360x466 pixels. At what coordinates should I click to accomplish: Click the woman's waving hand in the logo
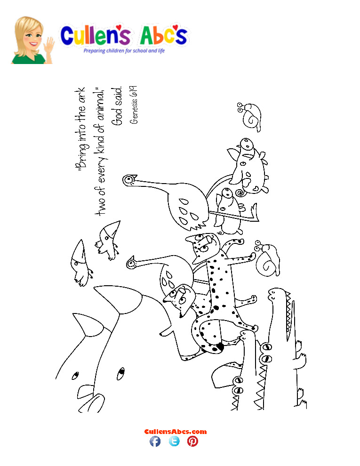click(49, 44)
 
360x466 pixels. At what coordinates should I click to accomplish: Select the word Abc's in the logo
click(162, 36)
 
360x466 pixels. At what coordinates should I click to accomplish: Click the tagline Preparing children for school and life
click(124, 50)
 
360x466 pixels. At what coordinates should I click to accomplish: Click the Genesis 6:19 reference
click(134, 104)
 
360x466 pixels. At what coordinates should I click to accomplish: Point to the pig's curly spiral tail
click(241, 193)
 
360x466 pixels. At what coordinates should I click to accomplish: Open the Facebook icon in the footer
click(155, 441)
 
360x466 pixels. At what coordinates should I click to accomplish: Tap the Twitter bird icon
click(174, 441)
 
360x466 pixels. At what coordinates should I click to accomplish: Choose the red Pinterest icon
click(192, 441)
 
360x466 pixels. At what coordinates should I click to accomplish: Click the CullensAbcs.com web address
click(175, 431)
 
